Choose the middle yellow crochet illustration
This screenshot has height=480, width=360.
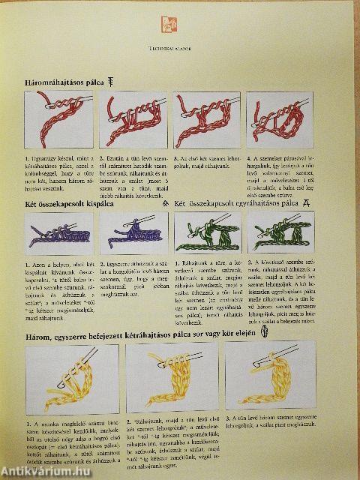pos(166,376)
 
